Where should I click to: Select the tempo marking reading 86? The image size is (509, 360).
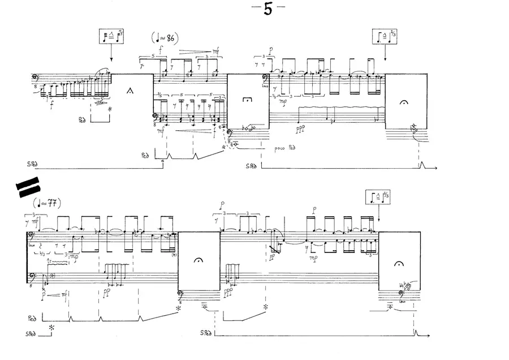coord(166,38)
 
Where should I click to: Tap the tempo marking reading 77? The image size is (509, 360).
coord(47,203)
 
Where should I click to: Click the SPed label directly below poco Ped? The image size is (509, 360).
coord(252,166)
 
